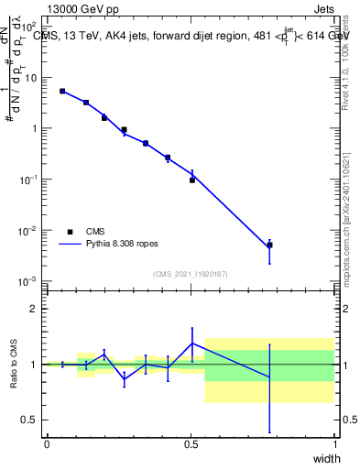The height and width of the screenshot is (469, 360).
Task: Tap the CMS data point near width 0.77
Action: coord(269,245)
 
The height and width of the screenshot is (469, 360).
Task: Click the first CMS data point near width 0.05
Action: coord(62,91)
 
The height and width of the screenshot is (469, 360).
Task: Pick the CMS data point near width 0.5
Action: coord(192,180)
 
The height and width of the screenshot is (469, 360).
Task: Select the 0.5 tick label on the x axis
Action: coord(191,444)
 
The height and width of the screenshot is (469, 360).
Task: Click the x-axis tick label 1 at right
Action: coord(334,444)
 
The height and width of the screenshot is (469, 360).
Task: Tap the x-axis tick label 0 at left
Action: coord(47,444)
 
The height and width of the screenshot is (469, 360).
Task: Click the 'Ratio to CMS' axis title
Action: coord(13,364)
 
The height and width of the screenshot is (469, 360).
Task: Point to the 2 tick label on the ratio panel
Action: coord(35,309)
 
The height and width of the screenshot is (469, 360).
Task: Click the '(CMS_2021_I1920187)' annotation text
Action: coord(190,273)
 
